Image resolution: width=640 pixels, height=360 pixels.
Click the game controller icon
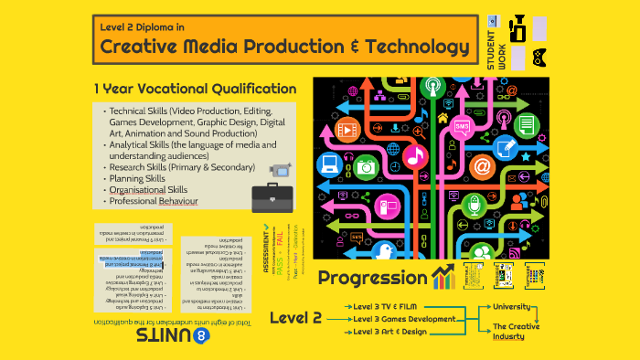coord(541,57)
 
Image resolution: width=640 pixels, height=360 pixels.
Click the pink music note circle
coord(414,156)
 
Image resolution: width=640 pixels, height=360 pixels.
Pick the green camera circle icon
coord(366,166)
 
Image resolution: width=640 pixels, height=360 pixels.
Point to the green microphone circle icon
coord(473,206)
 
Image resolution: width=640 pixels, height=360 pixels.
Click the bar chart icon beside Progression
coord(444,277)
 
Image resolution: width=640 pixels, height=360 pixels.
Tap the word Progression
coord(372,277)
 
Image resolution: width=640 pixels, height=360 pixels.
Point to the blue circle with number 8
coord(202,335)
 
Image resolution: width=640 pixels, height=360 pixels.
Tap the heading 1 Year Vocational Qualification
coord(195,89)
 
